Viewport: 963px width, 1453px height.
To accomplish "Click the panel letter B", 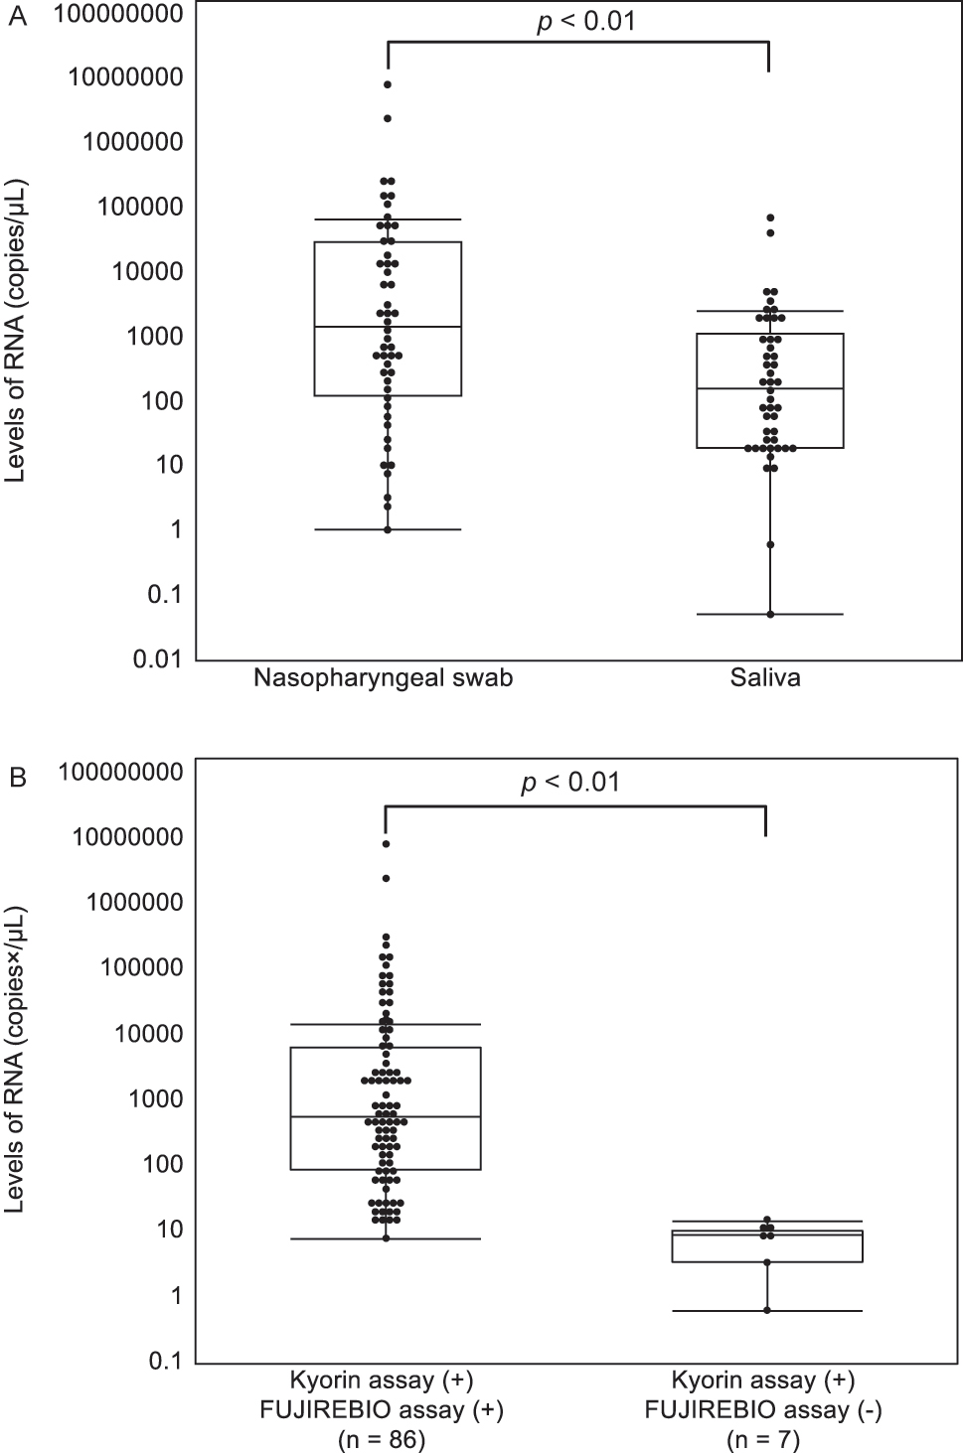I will tap(16, 778).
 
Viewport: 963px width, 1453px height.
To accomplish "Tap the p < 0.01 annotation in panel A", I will tap(585, 22).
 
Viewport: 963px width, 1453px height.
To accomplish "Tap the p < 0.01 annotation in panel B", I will tap(570, 783).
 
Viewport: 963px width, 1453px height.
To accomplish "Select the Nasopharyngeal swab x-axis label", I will tap(383, 679).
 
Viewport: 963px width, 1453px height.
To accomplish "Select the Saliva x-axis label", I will tap(765, 679).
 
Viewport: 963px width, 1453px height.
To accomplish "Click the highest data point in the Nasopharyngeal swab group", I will tap(388, 84).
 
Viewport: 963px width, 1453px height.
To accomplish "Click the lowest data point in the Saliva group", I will tap(770, 614).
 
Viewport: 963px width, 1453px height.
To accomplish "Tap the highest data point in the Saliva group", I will tap(770, 218).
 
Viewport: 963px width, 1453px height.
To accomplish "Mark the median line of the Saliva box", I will tap(770, 388).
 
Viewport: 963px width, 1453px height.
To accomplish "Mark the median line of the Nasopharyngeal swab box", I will tap(388, 327).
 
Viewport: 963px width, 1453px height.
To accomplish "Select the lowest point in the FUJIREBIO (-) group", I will tap(766, 1310).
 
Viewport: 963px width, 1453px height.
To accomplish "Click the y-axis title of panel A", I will tap(17, 331).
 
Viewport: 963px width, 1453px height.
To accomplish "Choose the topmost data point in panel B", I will tap(386, 844).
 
